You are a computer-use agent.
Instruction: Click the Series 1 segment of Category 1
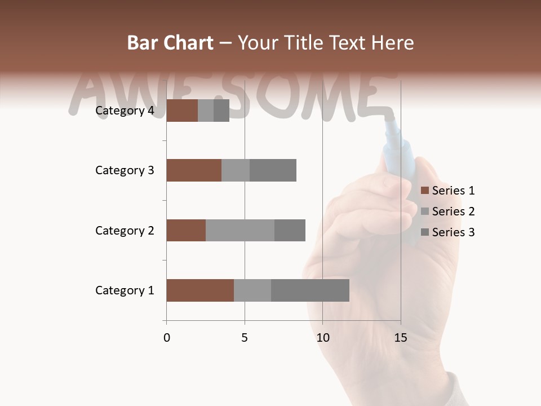tap(200, 290)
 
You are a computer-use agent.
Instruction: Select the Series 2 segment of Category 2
tap(240, 230)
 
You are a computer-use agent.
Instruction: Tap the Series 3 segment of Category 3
tap(273, 170)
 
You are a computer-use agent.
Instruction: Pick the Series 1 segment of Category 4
tap(182, 111)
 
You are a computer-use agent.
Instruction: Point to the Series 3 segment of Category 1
tap(310, 290)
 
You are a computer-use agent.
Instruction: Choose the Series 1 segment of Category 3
tap(194, 170)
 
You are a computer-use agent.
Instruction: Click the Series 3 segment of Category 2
tap(290, 230)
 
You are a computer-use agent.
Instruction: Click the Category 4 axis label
tap(125, 111)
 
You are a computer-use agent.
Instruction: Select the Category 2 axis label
tap(125, 231)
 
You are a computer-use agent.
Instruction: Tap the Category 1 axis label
tap(125, 290)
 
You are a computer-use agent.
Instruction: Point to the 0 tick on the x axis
tap(167, 338)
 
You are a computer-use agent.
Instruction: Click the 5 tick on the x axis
tap(245, 338)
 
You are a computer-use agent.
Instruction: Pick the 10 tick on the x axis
tap(322, 338)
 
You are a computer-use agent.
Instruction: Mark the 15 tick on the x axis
tap(400, 338)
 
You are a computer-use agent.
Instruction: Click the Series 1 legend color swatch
tap(425, 191)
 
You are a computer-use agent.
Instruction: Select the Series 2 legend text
tap(453, 211)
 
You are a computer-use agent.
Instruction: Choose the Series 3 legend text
tap(453, 232)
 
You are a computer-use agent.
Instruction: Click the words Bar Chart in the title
tap(170, 43)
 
